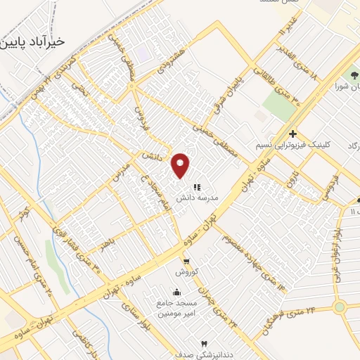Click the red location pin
(181, 165)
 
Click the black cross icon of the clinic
(292, 134)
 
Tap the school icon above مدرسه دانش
(198, 187)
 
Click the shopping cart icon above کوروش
(186, 261)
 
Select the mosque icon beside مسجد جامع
(175, 292)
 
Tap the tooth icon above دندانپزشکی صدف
(205, 344)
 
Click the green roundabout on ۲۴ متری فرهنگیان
(340, 307)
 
